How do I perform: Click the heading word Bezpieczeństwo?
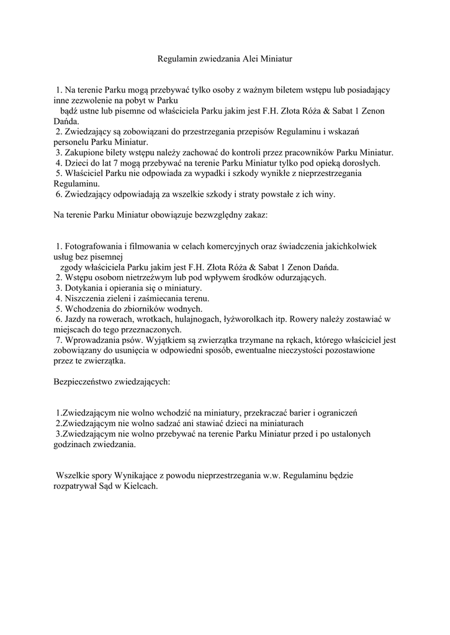click(x=84, y=383)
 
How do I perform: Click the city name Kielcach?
click(x=140, y=487)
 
